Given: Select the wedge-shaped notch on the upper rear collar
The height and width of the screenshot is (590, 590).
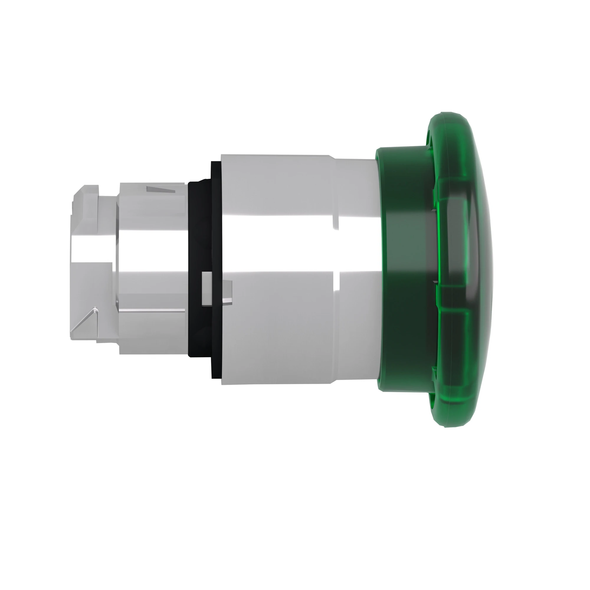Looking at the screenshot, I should [x=160, y=190].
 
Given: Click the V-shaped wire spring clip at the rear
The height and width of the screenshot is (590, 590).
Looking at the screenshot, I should [x=86, y=321].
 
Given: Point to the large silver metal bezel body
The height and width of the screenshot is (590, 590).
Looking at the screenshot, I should [x=275, y=336].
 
